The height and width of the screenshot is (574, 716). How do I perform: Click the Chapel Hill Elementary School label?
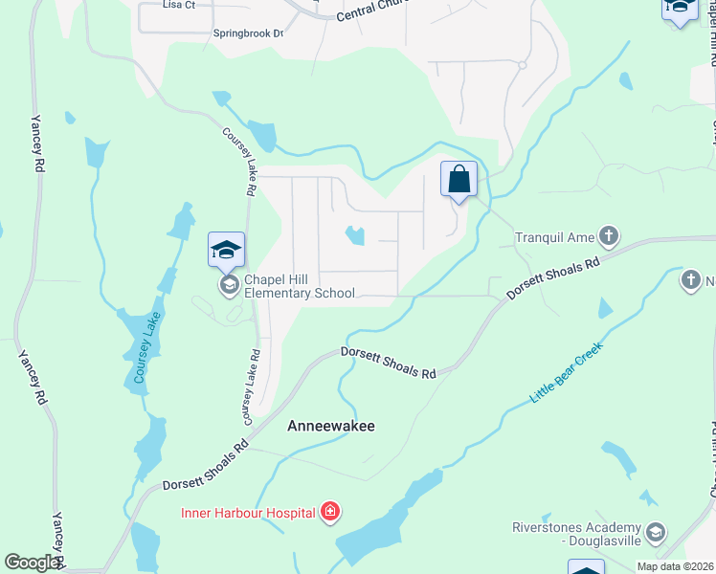tap(299, 286)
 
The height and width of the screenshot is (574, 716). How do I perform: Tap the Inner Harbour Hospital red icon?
tap(330, 513)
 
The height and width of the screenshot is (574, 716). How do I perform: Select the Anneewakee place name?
tap(331, 427)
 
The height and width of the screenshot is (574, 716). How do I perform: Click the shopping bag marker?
tap(459, 179)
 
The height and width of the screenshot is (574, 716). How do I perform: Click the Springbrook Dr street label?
tap(249, 33)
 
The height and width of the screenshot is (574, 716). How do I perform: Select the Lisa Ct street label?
tap(178, 5)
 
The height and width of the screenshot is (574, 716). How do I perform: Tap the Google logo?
tap(32, 563)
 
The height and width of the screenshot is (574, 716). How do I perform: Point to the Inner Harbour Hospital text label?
tap(248, 513)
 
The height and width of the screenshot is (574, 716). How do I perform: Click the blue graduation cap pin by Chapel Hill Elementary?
tap(227, 250)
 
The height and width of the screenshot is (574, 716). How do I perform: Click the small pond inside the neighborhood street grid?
tap(355, 234)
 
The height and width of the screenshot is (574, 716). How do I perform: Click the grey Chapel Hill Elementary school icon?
tap(229, 285)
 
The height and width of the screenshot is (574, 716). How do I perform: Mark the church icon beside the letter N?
tap(691, 280)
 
